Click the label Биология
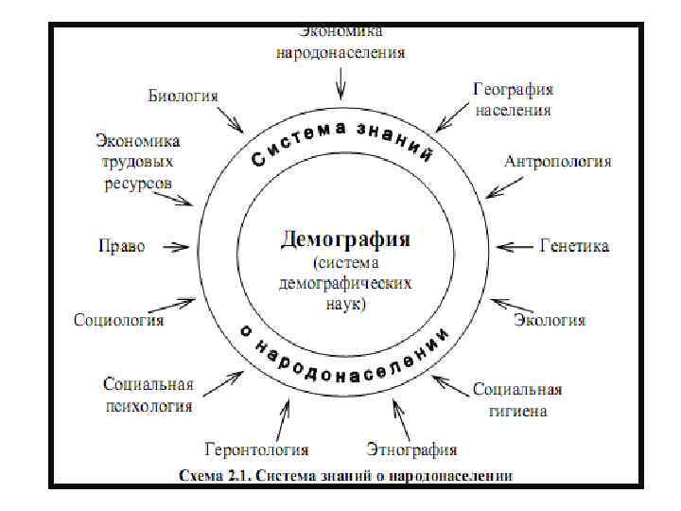(183, 97)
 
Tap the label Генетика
(574, 247)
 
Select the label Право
(122, 247)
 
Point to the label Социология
(119, 320)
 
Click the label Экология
(550, 320)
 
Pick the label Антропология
(558, 161)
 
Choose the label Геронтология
(257, 449)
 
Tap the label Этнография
(411, 449)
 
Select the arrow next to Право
(175, 247)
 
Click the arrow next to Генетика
(515, 247)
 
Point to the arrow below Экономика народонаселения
(340, 86)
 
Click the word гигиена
(517, 410)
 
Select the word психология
(148, 407)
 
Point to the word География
(513, 89)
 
